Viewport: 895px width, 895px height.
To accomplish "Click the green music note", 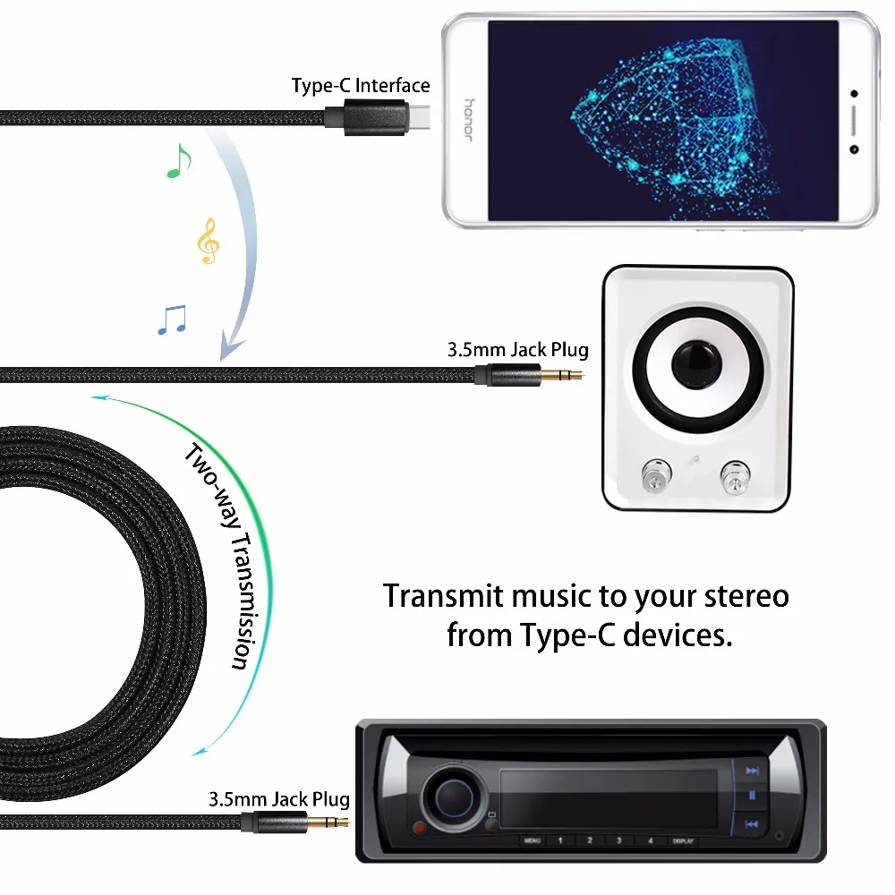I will (179, 161).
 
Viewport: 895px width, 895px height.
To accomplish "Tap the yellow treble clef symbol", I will (208, 241).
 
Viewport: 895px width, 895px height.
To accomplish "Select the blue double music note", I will (172, 320).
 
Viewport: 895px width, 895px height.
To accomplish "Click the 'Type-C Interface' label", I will (361, 86).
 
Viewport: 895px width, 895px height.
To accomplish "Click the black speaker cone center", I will (699, 365).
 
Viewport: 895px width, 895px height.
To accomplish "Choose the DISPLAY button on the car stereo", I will (679, 841).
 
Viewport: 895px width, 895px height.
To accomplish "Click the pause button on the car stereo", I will (752, 795).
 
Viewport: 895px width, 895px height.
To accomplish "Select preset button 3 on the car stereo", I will (619, 840).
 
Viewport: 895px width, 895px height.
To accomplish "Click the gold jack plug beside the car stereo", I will (326, 821).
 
